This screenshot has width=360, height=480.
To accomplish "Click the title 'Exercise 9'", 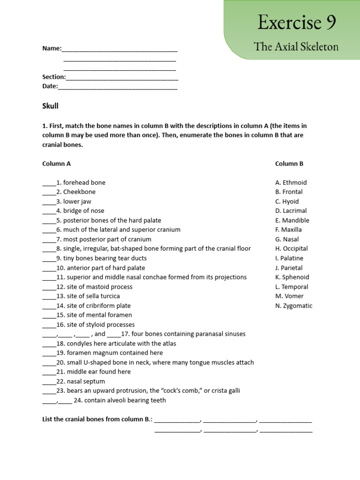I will tap(296, 22).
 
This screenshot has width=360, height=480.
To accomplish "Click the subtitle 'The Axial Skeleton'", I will tap(296, 46).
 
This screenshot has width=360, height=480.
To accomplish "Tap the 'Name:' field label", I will tap(52, 48).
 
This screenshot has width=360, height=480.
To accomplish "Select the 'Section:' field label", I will tap(54, 77).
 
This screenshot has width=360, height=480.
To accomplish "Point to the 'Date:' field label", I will tap(50, 86).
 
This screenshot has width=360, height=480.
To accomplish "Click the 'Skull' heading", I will tap(51, 106).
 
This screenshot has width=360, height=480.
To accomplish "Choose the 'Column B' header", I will tap(289, 164).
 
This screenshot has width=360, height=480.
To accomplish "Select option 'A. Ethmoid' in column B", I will tap(291, 182).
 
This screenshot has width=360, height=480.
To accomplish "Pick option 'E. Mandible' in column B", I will tap(292, 220).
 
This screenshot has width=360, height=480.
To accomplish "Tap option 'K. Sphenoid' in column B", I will tap(292, 277).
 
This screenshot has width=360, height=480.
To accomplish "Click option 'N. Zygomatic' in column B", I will tap(293, 306).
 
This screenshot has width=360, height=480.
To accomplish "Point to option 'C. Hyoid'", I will tap(287, 202).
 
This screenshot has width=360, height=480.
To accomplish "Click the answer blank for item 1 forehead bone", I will tap(49, 183).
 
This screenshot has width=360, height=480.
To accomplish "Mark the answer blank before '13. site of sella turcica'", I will tap(49, 296).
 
